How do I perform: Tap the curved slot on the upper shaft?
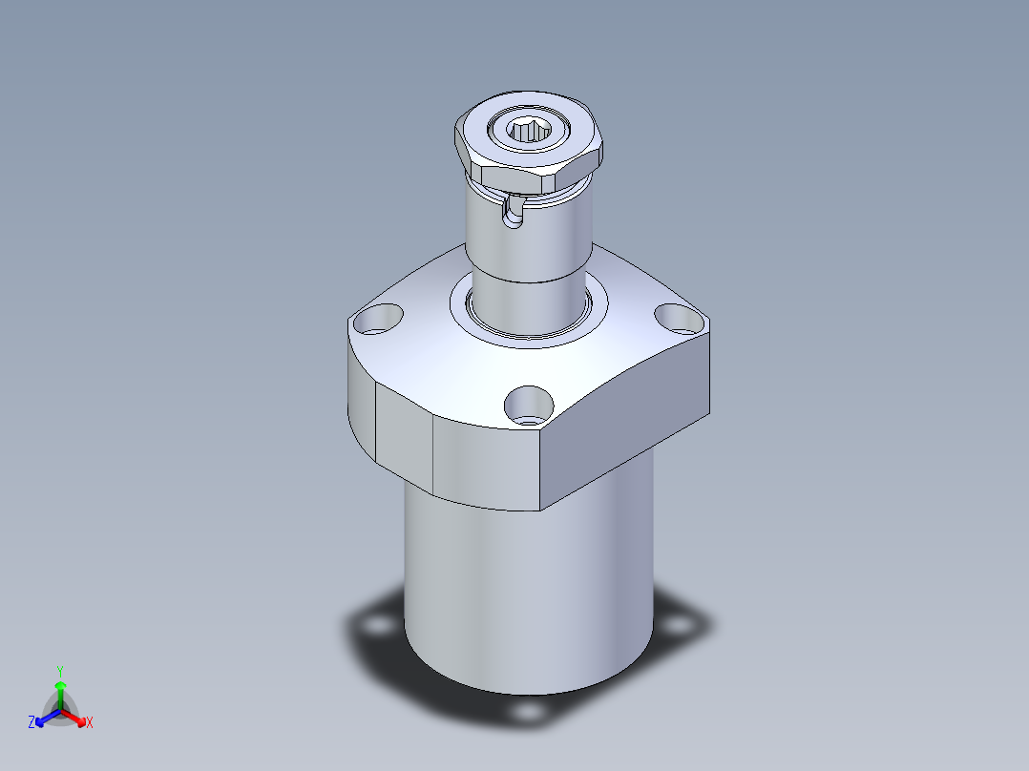(514, 212)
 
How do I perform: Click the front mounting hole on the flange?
(529, 405)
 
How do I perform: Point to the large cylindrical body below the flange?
(530, 592)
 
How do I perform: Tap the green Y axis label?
(59, 671)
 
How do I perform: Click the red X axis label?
(90, 723)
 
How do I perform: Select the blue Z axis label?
(31, 723)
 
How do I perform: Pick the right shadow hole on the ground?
(680, 625)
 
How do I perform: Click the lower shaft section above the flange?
(530, 301)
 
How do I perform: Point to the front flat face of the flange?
(487, 463)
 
